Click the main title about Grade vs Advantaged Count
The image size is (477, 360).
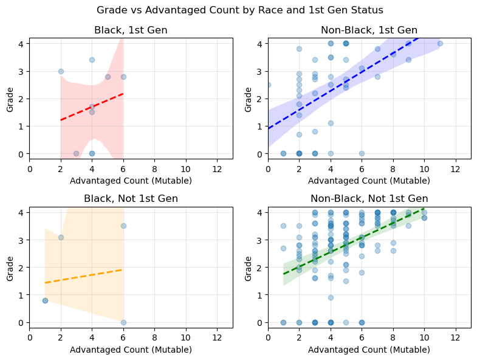[238, 10]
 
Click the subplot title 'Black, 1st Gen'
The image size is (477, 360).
[131, 30]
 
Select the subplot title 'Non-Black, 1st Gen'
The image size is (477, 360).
[369, 30]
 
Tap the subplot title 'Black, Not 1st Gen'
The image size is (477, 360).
[131, 199]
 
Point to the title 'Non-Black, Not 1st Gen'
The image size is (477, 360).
[369, 199]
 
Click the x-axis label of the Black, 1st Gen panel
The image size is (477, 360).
[131, 181]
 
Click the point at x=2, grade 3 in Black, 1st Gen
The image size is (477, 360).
[61, 71]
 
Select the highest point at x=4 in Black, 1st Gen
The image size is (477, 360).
[92, 60]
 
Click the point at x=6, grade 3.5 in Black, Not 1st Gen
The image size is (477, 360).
[123, 226]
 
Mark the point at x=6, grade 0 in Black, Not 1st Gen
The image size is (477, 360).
[123, 322]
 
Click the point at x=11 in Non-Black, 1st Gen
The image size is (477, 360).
[440, 43]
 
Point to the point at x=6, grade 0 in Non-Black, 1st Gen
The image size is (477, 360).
[362, 153]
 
